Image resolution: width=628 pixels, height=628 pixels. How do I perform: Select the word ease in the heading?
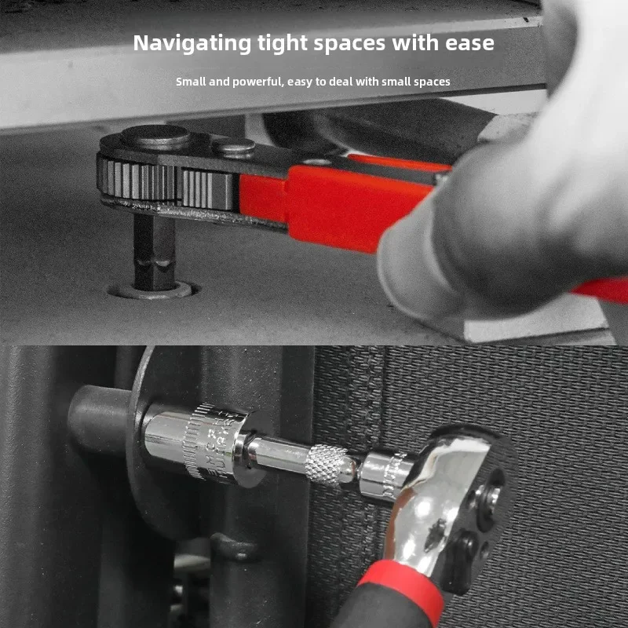(469, 43)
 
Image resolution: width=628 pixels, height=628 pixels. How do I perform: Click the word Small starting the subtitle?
(191, 82)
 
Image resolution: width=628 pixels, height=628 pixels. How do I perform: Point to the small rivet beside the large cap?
(234, 145)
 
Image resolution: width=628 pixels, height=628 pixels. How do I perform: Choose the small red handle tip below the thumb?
(601, 290)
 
